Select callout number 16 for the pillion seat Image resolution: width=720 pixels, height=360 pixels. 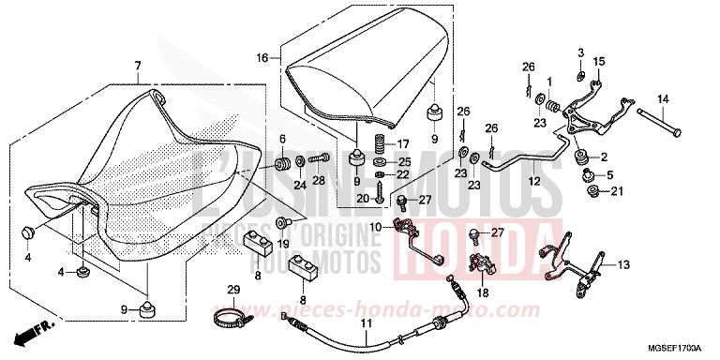(x=262, y=57)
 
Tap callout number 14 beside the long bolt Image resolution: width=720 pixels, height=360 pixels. (x=661, y=98)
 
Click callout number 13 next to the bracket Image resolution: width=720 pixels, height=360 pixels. (x=623, y=265)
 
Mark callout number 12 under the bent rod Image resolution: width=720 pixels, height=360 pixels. (x=533, y=181)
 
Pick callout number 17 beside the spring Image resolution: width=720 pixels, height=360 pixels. (x=404, y=143)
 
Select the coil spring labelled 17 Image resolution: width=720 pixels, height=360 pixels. (x=380, y=144)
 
